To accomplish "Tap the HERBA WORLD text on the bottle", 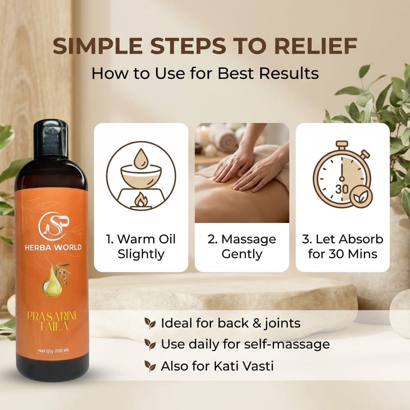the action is (x=53, y=247).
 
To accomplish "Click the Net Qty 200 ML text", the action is (x=54, y=351).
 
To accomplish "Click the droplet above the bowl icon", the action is (x=141, y=159).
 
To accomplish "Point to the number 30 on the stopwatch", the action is (x=342, y=189).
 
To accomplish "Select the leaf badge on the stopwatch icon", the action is (x=361, y=197).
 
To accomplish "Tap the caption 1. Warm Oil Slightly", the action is (x=141, y=247).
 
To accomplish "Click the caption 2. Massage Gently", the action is (x=242, y=247).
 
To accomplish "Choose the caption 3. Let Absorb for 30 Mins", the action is (x=343, y=247).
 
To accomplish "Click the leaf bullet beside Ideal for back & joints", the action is (x=150, y=324).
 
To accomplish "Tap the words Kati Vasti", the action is (x=244, y=366).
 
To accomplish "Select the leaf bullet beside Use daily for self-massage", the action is (x=150, y=345).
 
